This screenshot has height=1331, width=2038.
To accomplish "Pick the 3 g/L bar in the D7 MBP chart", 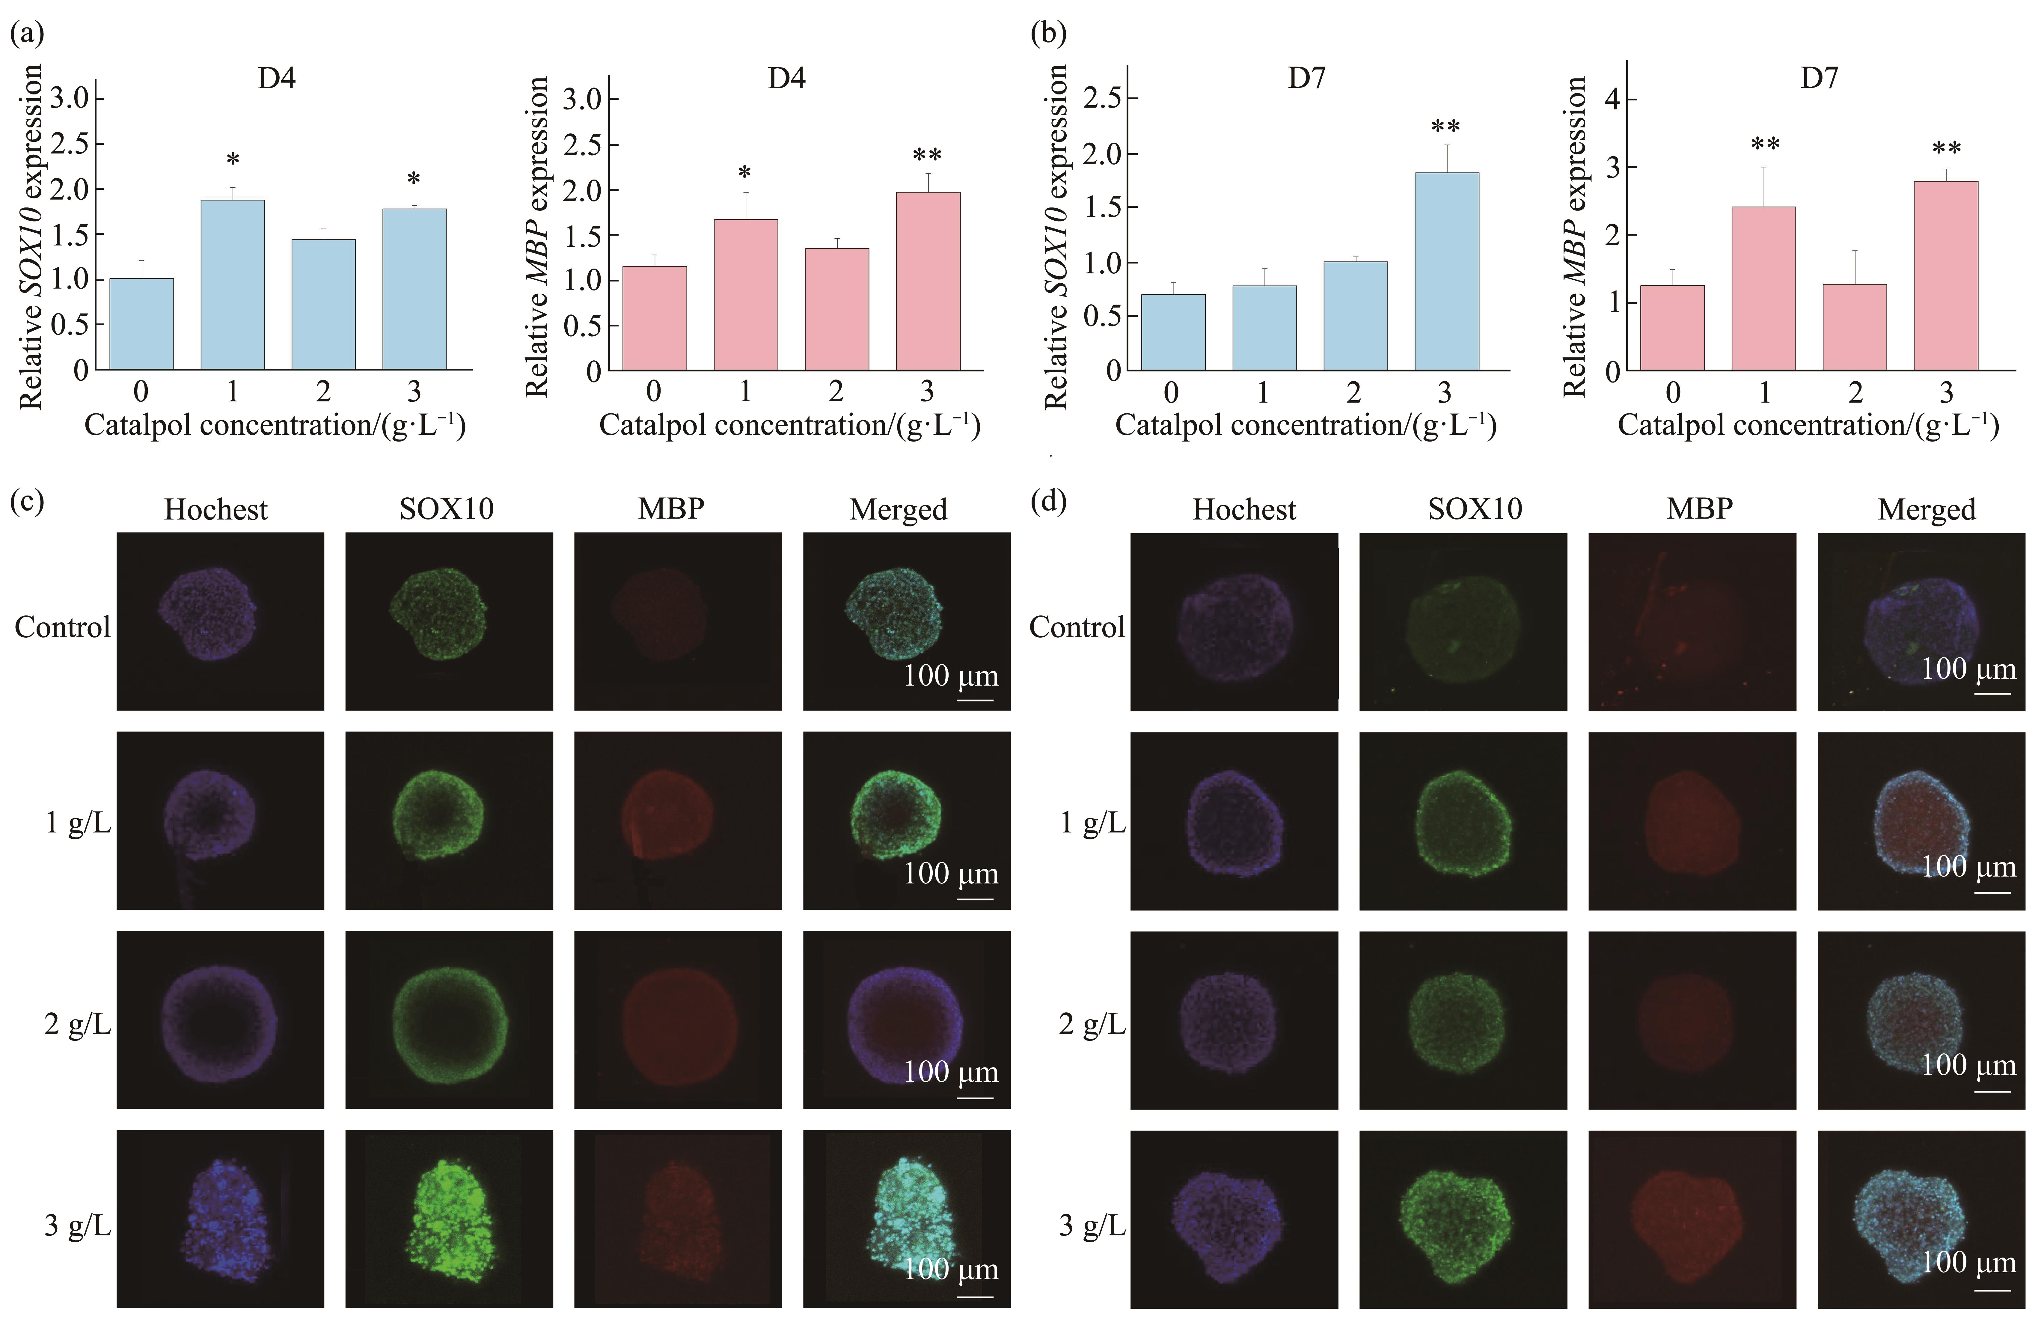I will coord(1945,276).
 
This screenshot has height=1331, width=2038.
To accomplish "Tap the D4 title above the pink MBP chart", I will coord(786,79).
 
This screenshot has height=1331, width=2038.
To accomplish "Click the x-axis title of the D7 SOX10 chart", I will coord(1306,426).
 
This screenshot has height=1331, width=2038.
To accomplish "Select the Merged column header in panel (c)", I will coord(898,510).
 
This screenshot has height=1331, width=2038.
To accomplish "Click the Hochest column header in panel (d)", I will coord(1244,510).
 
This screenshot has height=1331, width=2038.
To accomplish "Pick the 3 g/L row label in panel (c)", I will coord(77,1226).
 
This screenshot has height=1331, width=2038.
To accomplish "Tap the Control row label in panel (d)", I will coord(1076,627).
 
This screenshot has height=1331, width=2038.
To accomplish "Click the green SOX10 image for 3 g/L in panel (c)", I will coord(449,1218).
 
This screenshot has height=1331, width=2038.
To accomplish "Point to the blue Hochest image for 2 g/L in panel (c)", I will coord(220,1019).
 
